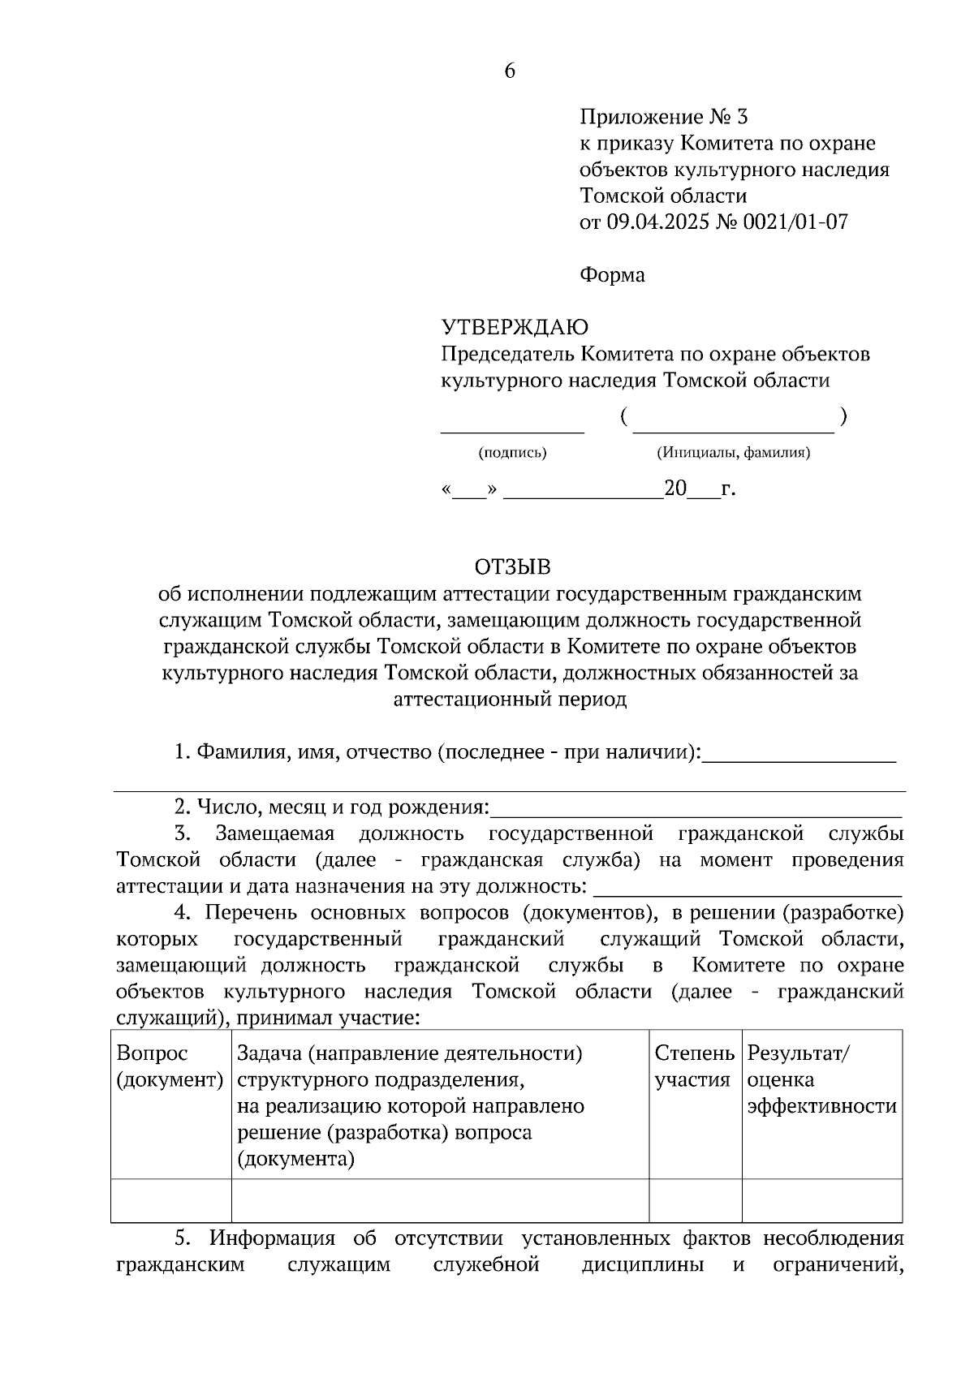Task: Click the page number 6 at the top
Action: click(x=510, y=71)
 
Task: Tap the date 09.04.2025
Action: click(x=657, y=222)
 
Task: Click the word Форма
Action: click(x=612, y=275)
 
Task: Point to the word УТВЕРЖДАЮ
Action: click(x=515, y=327)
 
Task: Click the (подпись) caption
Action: click(x=512, y=453)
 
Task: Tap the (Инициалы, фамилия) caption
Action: click(x=733, y=453)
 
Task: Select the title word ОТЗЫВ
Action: click(x=511, y=566)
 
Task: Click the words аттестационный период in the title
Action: click(x=510, y=699)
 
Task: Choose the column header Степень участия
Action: click(x=694, y=1066)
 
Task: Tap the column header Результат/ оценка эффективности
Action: click(x=821, y=1079)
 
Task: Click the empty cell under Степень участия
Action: click(x=695, y=1199)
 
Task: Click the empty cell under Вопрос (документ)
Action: click(x=170, y=1199)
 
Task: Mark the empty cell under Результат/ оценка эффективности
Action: click(x=821, y=1199)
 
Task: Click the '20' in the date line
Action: click(x=675, y=489)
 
